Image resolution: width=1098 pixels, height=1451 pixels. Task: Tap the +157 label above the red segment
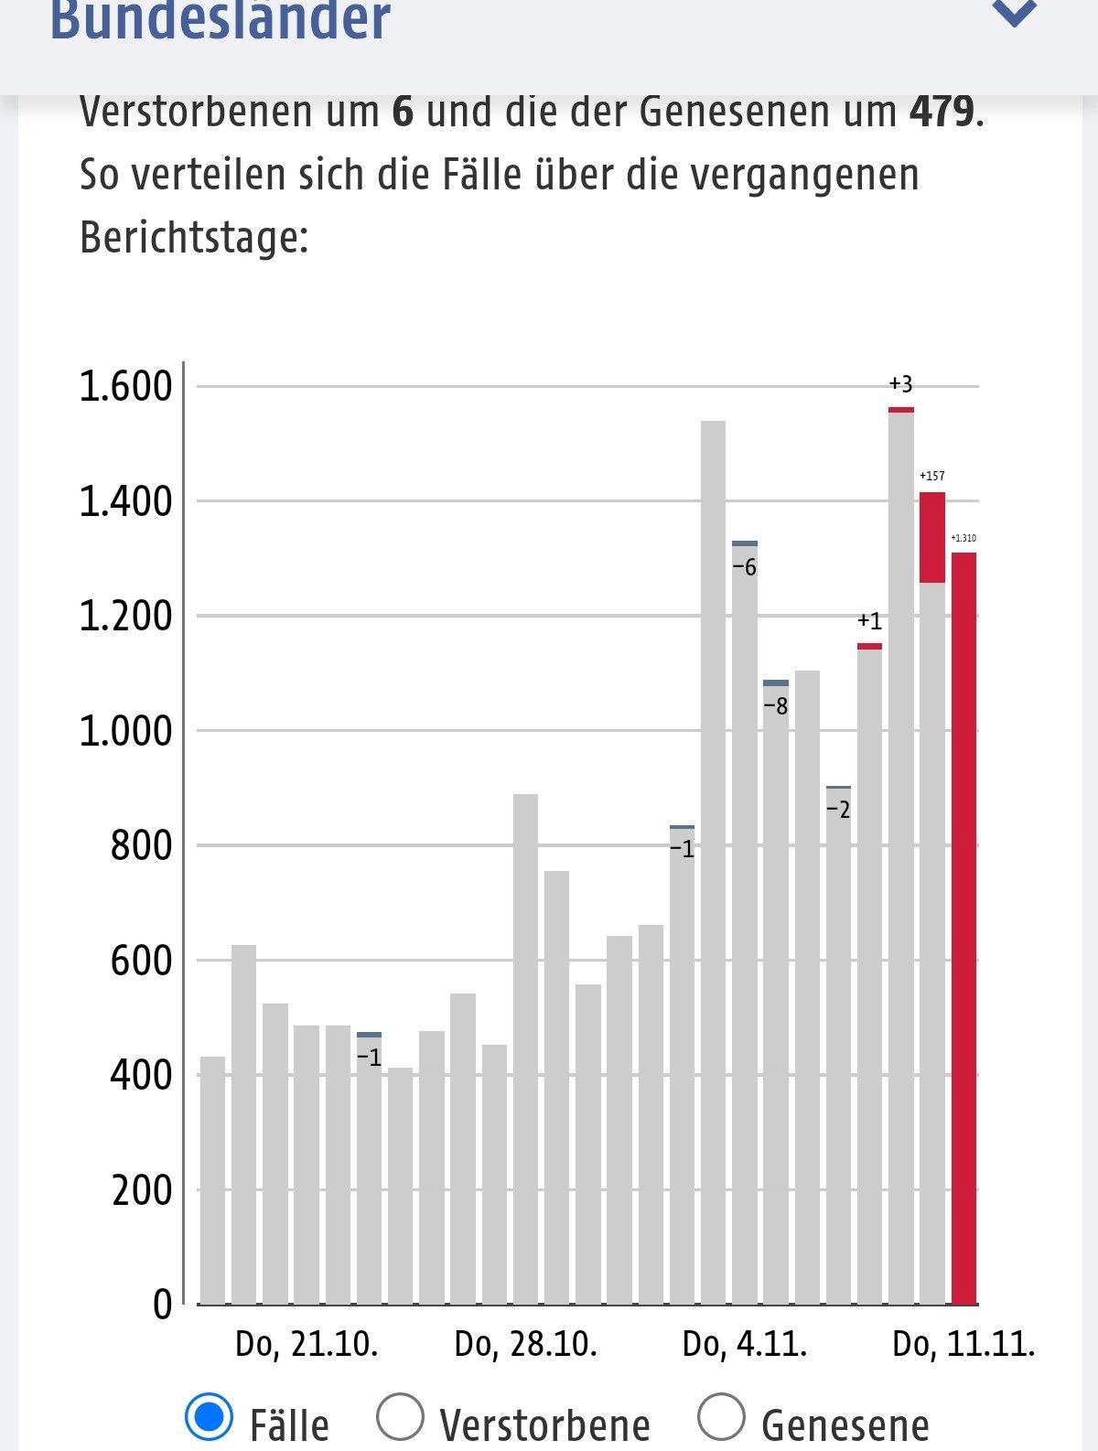(x=932, y=476)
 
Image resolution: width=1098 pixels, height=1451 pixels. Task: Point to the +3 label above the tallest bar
(x=900, y=384)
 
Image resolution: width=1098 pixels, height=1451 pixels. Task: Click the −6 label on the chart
(x=745, y=568)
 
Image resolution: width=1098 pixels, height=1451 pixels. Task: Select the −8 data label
(x=775, y=706)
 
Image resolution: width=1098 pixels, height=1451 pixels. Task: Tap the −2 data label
(x=838, y=810)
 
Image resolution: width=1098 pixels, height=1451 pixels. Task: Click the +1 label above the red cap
(x=869, y=622)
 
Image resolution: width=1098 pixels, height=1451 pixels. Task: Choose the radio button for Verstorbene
(x=400, y=1417)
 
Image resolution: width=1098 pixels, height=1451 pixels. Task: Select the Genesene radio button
(x=721, y=1417)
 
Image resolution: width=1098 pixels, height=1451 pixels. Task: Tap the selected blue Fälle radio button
(x=209, y=1417)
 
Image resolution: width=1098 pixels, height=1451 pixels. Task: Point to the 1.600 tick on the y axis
(x=125, y=387)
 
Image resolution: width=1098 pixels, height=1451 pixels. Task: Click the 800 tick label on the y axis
(x=141, y=846)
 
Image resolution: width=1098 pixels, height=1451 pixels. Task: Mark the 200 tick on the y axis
(x=142, y=1190)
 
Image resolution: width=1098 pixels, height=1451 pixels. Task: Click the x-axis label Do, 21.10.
(x=307, y=1344)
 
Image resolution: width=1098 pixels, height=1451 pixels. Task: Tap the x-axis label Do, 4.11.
(x=745, y=1344)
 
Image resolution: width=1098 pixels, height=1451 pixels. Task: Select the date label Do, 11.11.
(x=963, y=1344)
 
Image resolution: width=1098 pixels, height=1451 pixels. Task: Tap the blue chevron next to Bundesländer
(x=1014, y=13)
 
